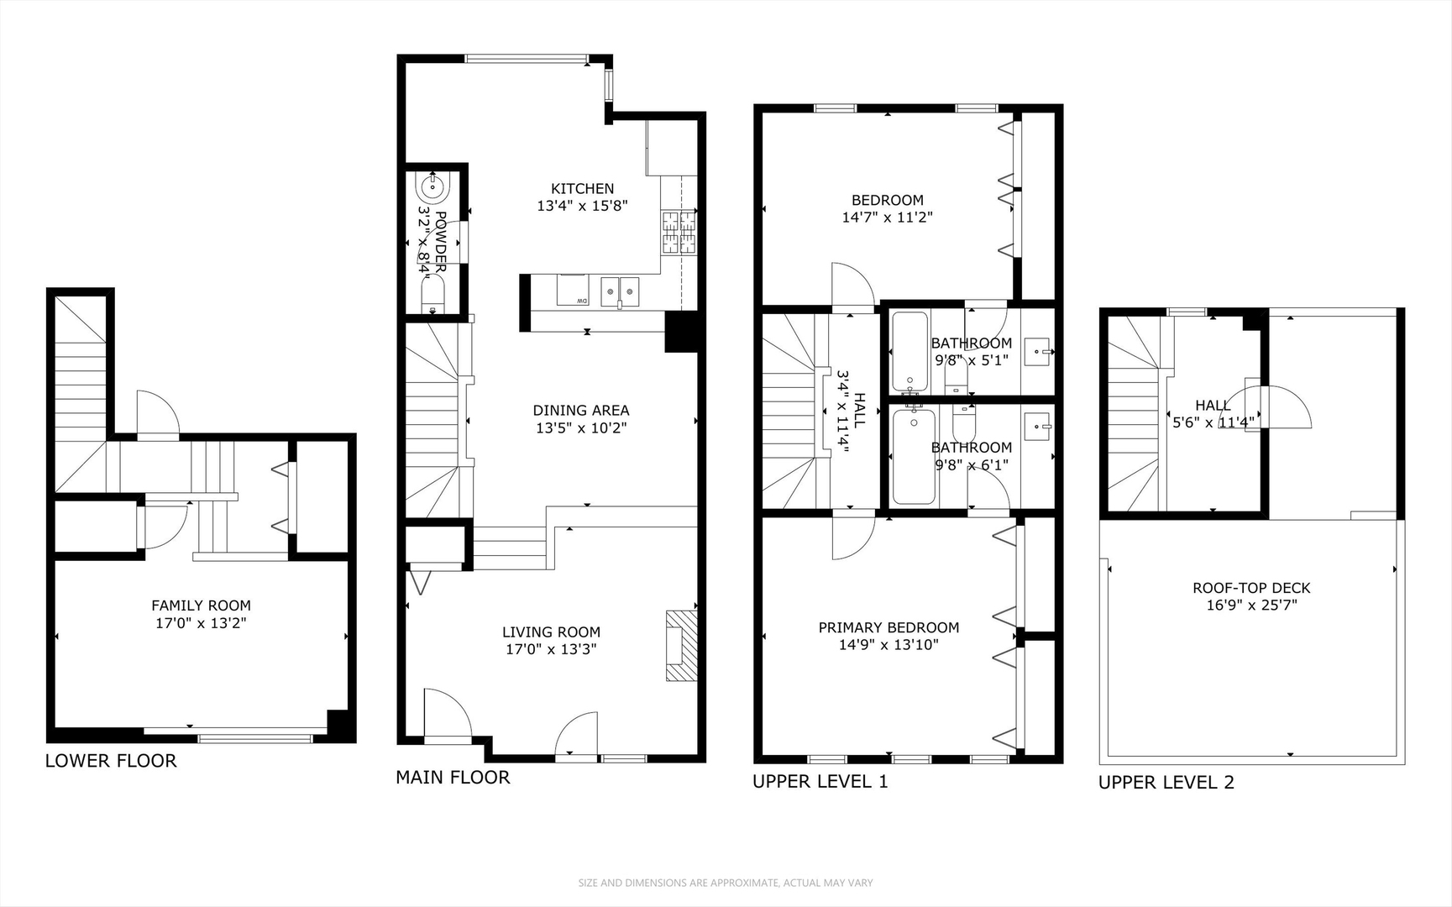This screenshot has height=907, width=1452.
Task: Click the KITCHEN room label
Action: coord(582,189)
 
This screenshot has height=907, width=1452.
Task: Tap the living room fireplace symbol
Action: coord(681,645)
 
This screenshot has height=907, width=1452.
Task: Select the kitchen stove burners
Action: coord(679,233)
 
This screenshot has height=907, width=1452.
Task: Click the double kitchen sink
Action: coord(620,292)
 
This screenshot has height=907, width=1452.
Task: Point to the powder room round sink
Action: coord(435,187)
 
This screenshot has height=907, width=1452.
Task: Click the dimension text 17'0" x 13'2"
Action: coord(201,623)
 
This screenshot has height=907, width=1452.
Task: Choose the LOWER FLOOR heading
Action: coord(111,761)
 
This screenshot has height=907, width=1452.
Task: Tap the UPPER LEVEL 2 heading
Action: coord(1166,783)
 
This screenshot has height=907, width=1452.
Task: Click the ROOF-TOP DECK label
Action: coord(1251,588)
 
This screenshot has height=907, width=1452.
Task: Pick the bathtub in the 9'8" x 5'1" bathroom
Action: coord(909,351)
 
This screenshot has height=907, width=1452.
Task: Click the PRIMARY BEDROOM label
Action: coord(888,627)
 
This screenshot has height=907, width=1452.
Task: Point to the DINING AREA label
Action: coord(581,411)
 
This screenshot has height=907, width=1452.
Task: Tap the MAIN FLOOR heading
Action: coord(453,778)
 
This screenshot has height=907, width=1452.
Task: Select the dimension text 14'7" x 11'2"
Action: coord(888,217)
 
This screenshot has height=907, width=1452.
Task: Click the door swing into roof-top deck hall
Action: coord(1285,406)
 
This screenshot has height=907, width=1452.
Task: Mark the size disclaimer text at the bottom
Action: coord(726,883)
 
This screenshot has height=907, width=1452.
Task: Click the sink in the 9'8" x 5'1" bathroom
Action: coord(1040,349)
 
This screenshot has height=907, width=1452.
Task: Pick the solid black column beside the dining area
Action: coord(681,332)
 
